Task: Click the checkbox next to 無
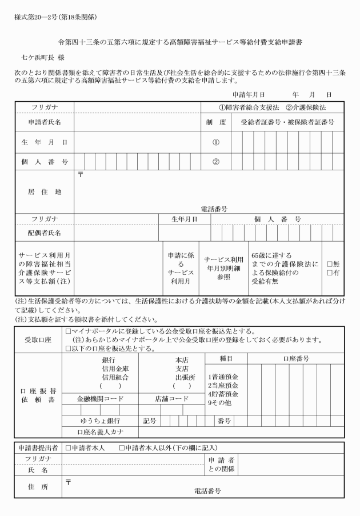329,264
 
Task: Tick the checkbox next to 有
329,273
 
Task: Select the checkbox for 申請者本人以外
122,447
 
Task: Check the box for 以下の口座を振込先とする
69,348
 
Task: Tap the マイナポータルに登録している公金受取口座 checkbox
69,331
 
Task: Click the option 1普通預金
223,377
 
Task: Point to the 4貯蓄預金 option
223,394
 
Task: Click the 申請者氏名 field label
45,122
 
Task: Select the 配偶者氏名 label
45,233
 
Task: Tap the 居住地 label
45,192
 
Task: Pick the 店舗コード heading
171,399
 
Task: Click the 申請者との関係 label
222,465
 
